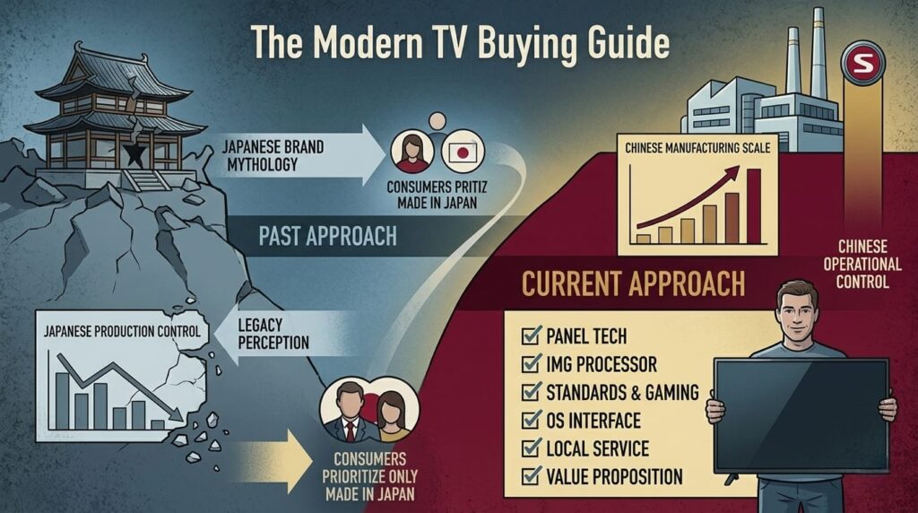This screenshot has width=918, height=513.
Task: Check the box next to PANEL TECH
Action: (529, 338)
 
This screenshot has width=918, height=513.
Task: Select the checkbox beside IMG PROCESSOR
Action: (529, 365)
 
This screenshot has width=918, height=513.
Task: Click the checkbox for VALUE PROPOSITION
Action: (529, 476)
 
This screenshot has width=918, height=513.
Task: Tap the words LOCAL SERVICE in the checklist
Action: (597, 448)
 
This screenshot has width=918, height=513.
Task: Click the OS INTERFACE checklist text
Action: (593, 421)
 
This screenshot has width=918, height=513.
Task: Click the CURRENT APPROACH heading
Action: (633, 284)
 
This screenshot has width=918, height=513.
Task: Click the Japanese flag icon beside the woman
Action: (463, 153)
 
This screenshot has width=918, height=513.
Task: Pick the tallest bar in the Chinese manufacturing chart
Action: (753, 206)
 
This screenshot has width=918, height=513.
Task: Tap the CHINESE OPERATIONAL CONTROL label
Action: (867, 264)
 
